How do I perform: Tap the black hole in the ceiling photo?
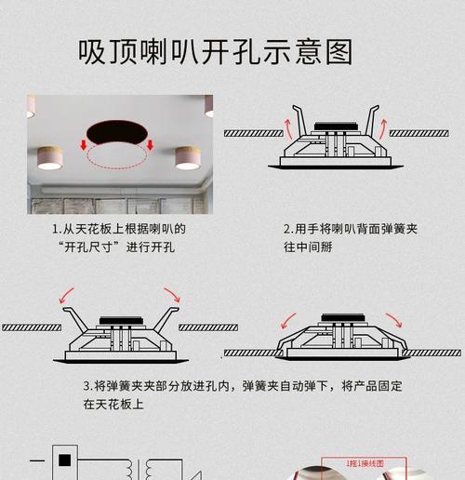click(117, 132)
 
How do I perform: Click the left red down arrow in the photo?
click(83, 146)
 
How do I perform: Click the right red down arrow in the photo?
click(150, 146)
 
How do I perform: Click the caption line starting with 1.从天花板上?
click(118, 229)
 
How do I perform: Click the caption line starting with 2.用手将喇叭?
click(349, 229)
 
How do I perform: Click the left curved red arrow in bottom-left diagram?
click(69, 299)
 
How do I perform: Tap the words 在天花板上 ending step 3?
click(116, 405)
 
